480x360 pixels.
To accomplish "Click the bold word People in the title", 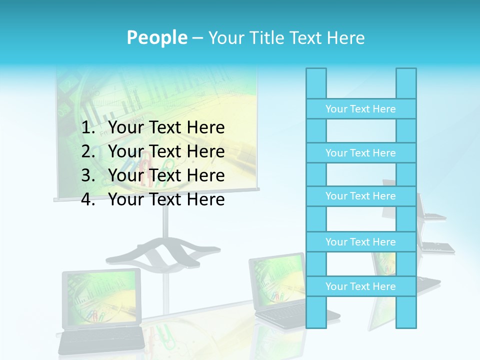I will [x=156, y=38].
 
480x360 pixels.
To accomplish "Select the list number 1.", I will [x=88, y=128].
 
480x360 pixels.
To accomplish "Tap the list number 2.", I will [x=88, y=151].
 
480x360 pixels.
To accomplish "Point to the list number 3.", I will [x=88, y=175].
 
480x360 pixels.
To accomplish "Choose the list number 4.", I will [x=88, y=199].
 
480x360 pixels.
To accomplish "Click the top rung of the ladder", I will [x=360, y=109].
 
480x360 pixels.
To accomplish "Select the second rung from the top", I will [x=360, y=153].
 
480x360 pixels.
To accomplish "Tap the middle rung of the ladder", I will [x=360, y=196].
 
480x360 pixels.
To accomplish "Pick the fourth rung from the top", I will [x=360, y=242].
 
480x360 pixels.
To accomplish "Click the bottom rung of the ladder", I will [x=360, y=286].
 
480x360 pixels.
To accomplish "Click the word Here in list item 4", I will [x=205, y=199].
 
